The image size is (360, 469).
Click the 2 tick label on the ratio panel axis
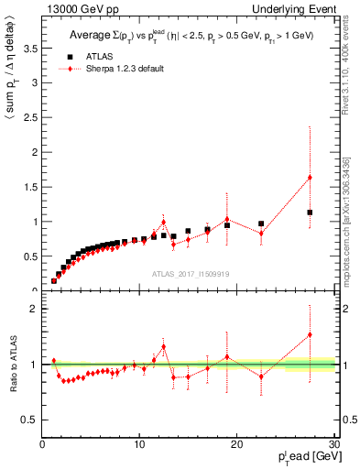click(x=35, y=309)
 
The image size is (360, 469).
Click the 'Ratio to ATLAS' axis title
click(x=13, y=365)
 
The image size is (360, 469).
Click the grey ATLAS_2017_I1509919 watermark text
click(x=190, y=273)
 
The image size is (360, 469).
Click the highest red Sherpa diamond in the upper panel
click(x=310, y=177)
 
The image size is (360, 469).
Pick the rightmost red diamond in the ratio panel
click(x=310, y=334)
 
